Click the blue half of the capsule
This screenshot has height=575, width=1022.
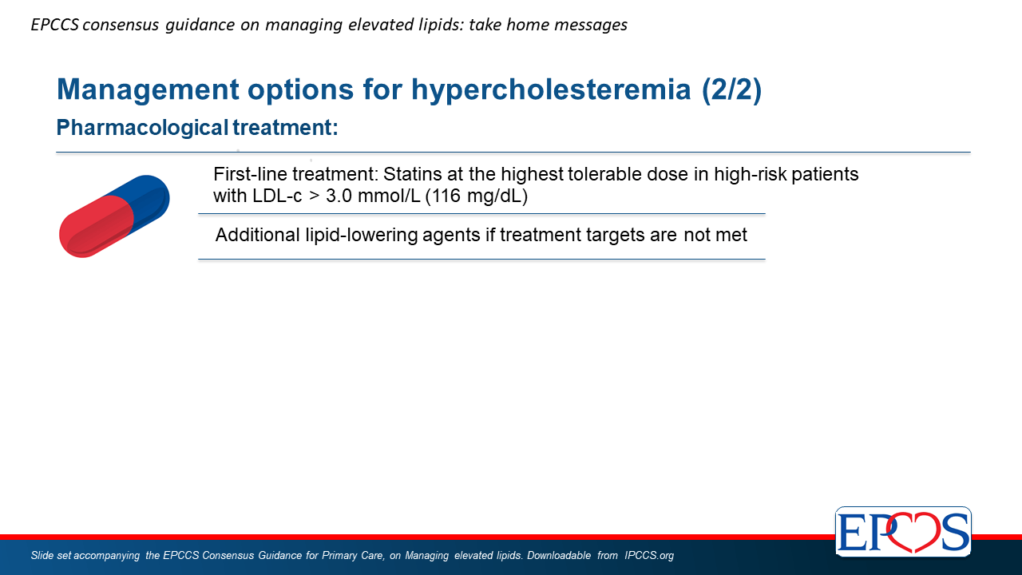(x=146, y=200)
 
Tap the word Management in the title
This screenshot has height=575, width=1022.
(x=148, y=90)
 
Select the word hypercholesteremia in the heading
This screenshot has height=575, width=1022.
(x=551, y=90)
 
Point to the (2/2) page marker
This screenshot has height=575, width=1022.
(x=732, y=89)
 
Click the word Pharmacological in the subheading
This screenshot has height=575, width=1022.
(x=142, y=128)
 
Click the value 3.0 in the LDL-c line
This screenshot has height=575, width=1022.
(x=339, y=196)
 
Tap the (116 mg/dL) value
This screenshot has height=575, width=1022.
(x=477, y=196)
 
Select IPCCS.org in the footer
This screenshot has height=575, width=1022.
(x=649, y=555)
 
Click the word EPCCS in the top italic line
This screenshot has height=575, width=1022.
(x=55, y=25)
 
